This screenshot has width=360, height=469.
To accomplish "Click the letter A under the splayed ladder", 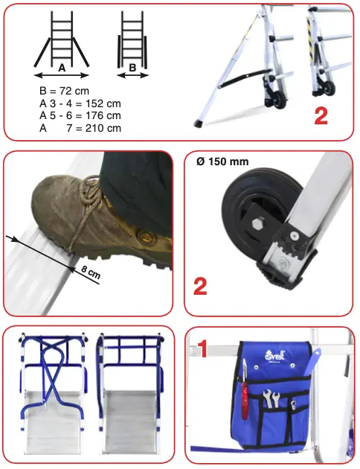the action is pyautogui.click(x=62, y=68).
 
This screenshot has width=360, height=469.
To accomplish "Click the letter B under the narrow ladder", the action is pyautogui.click(x=132, y=68).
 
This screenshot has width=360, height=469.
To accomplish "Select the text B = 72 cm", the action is pyautogui.click(x=64, y=91).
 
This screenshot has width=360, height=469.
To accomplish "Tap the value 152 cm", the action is pyautogui.click(x=103, y=103).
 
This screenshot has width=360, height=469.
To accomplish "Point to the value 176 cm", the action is pyautogui.click(x=103, y=115).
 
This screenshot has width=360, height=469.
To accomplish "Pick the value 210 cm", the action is pyautogui.click(x=103, y=128).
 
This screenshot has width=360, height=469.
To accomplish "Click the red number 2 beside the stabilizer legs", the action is pyautogui.click(x=321, y=115).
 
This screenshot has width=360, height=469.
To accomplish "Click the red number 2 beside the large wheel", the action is pyautogui.click(x=200, y=287).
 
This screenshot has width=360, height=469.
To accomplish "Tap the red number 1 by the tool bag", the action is pyautogui.click(x=202, y=348).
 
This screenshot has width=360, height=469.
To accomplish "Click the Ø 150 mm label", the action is pyautogui.click(x=222, y=162).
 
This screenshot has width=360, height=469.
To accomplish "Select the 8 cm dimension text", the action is pyautogui.click(x=91, y=272).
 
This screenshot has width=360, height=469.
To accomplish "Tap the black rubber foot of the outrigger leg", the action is pyautogui.click(x=197, y=123).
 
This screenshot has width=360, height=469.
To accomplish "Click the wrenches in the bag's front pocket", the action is pyautogui.click(x=271, y=399).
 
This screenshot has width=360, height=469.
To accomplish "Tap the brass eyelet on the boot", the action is pyautogui.click(x=146, y=237).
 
